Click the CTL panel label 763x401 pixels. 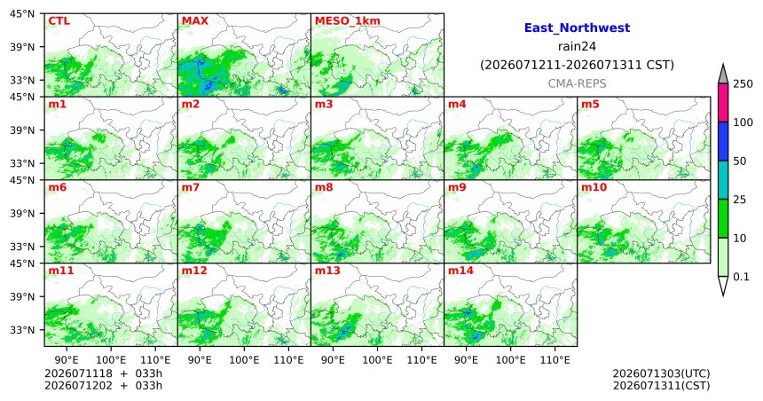[59, 21]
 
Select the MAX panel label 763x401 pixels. [194, 21]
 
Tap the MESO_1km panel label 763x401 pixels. [348, 21]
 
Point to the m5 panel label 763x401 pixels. [590, 104]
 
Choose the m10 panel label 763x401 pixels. [594, 187]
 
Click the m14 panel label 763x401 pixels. [460, 271]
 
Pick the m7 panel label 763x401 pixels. [191, 187]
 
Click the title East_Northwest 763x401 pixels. [577, 28]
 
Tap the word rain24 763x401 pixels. [577, 46]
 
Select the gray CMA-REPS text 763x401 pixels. [577, 83]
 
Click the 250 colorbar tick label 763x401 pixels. [743, 83]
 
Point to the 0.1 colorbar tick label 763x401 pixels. [741, 277]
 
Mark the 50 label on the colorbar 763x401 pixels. [740, 161]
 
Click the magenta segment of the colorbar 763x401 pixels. [723, 103]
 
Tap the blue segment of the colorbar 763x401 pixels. [723, 141]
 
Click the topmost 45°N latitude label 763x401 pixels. [22, 13]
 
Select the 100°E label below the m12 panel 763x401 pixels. [244, 360]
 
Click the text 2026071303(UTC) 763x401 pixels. [661, 373]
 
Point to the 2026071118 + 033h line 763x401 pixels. [103, 373]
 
